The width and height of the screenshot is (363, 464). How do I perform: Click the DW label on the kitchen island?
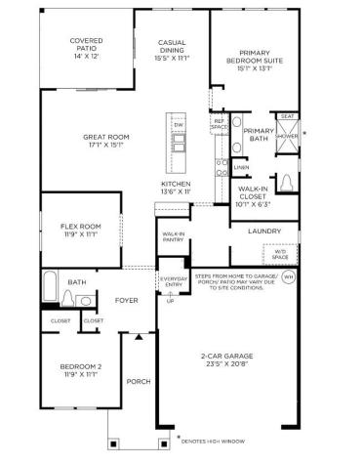coord(179,125)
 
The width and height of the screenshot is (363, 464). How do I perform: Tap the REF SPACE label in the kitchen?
coord(220,125)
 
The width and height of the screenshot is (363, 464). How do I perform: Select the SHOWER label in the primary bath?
coord(288,136)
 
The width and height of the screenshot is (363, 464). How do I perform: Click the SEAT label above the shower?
coord(287,116)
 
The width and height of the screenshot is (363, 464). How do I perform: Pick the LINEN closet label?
coord(240,167)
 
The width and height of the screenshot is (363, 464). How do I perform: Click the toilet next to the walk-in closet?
coord(287,183)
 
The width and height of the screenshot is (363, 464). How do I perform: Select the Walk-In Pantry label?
coord(174,235)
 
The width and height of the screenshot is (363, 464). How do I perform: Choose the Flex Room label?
coord(81,230)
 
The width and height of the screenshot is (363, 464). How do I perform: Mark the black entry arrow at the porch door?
coord(139,336)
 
